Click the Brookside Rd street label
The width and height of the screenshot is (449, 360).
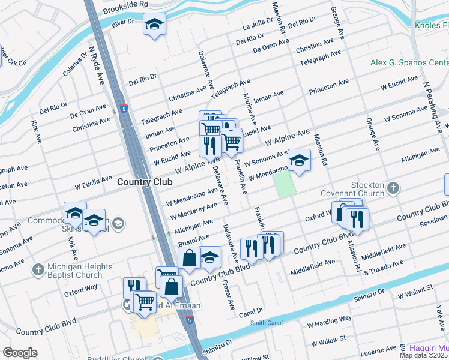coord(125,7)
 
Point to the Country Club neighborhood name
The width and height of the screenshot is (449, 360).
coord(142,182)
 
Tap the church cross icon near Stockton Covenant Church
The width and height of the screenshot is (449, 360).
coord(393,189)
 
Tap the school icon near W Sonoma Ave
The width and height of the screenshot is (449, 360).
coord(299,160)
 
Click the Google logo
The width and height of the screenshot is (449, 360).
coord(20,353)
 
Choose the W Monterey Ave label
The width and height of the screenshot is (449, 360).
coord(193,211)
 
